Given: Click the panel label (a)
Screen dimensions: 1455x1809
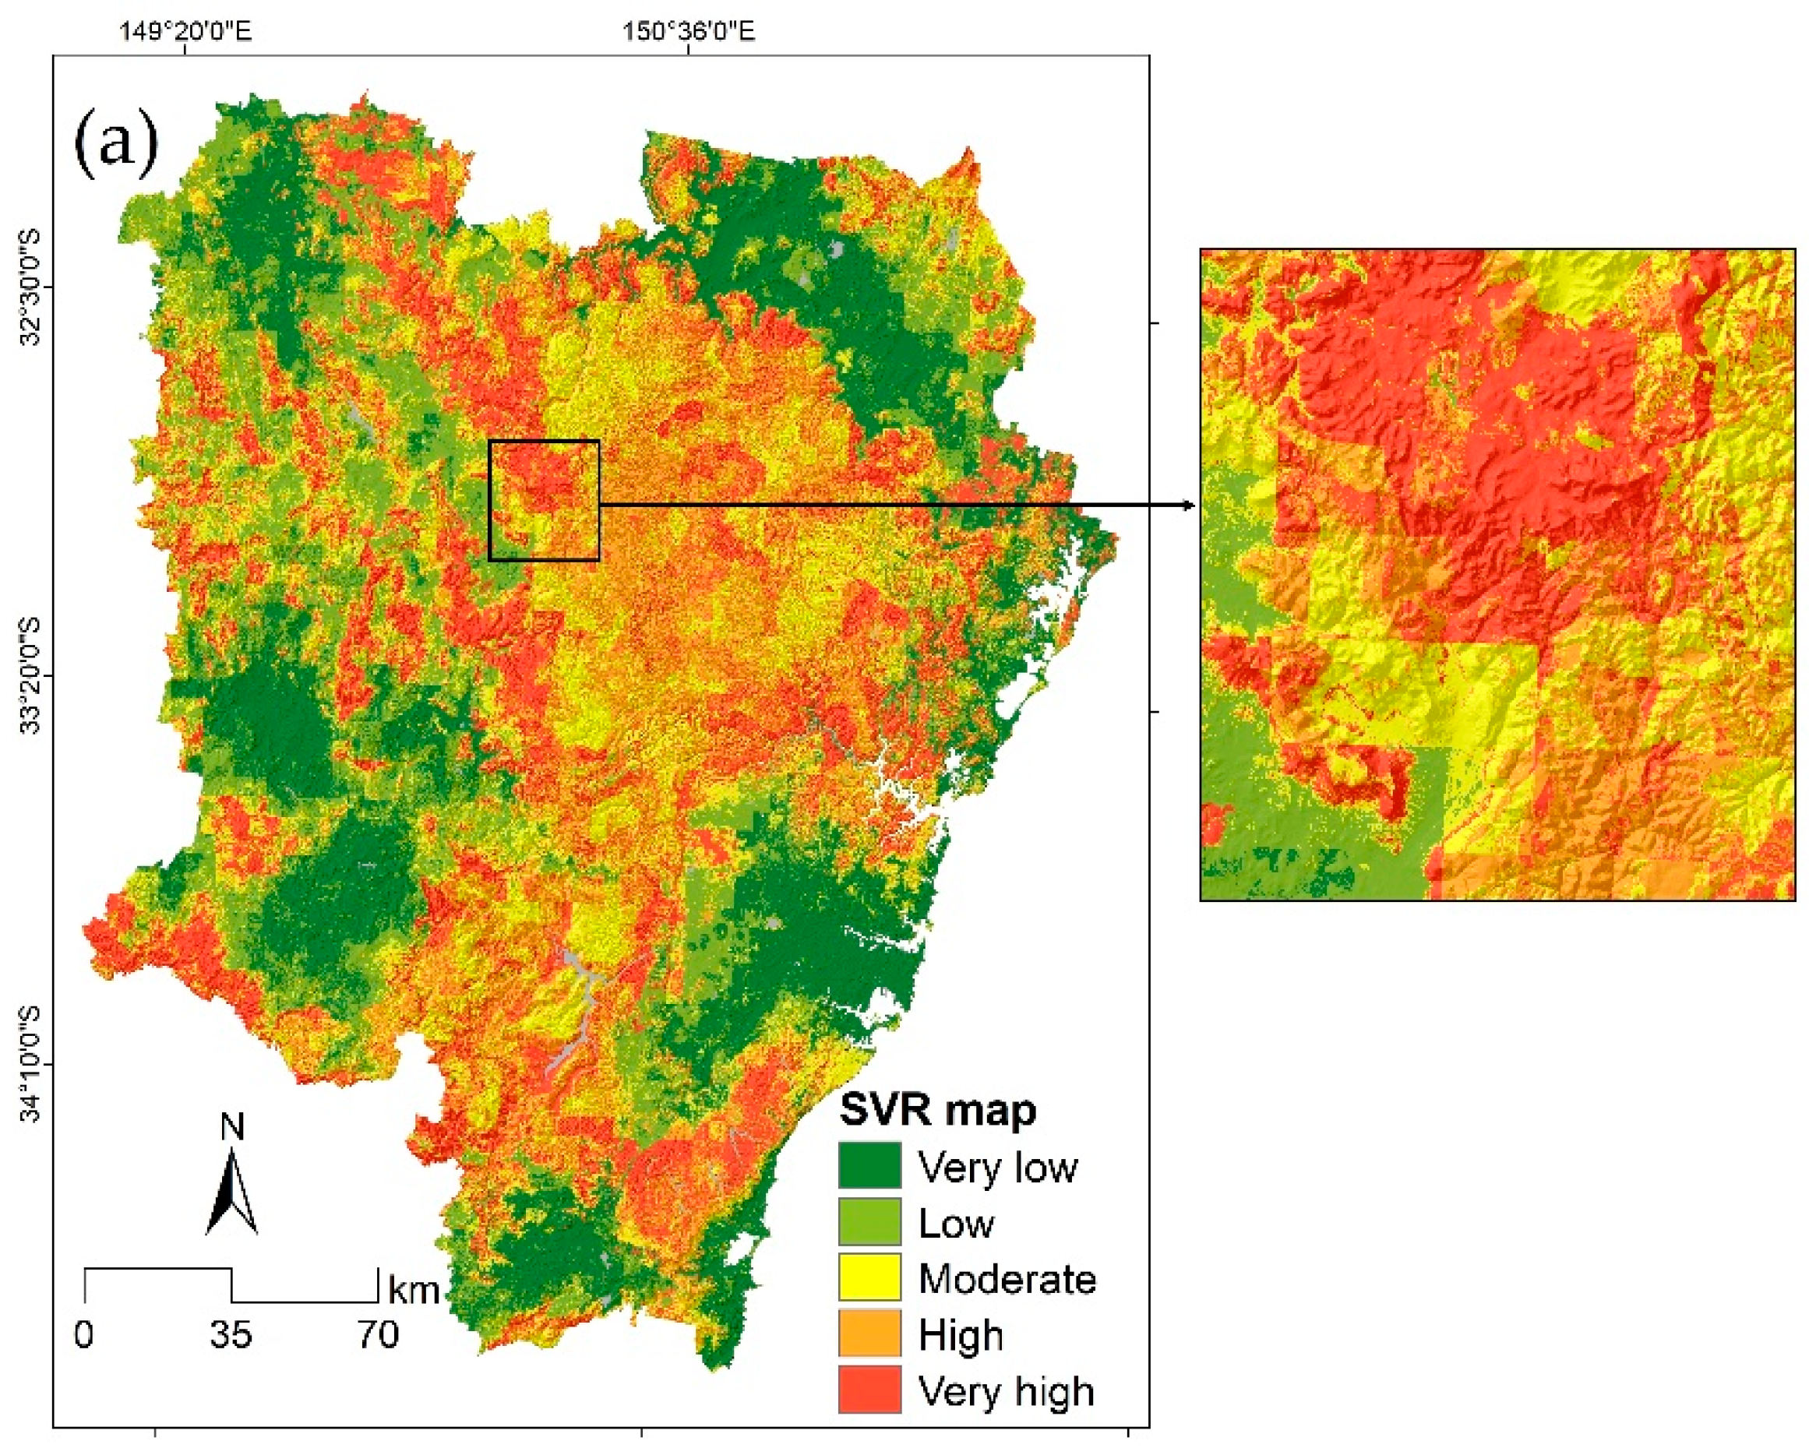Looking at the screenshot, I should coord(117,143).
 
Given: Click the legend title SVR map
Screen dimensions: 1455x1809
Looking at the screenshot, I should coord(937,1109).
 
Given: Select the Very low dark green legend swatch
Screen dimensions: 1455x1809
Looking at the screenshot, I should coord(869,1165).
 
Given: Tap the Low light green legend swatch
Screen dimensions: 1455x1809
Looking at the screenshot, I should coord(869,1222).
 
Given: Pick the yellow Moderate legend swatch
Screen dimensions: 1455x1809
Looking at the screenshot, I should coord(869,1277).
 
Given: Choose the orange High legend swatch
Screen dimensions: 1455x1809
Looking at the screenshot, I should coord(869,1333).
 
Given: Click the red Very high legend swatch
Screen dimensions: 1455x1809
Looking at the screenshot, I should coord(869,1390).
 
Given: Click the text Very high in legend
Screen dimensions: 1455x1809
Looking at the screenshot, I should coord(1006,1392).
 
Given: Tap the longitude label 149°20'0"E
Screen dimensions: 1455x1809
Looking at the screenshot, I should coord(185,32).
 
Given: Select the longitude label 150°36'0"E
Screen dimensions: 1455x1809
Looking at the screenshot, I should coord(688,32).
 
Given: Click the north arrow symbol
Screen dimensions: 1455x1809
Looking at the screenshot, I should coord(231,1194).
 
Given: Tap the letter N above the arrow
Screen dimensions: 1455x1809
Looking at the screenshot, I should coord(232,1127).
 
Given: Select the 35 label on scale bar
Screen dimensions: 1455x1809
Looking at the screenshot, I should coord(231,1335).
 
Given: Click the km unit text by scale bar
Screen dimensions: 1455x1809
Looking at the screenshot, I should coord(414,1290).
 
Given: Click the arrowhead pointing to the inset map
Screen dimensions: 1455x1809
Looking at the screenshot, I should coord(1188,506).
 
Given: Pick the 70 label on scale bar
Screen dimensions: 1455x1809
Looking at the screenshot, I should coord(378,1335).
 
